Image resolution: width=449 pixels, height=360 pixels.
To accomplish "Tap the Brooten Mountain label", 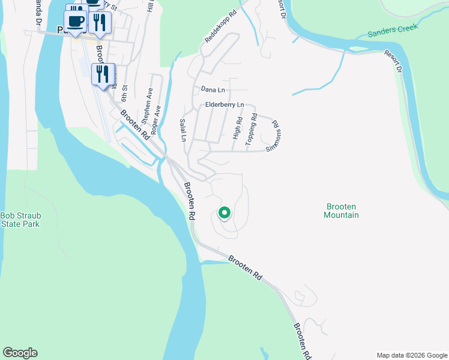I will click(x=341, y=210).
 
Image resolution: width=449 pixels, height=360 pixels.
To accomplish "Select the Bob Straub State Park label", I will click(x=20, y=219).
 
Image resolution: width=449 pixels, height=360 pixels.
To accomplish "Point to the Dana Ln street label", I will click(x=212, y=89).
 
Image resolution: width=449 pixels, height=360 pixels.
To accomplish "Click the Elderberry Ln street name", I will click(x=224, y=104).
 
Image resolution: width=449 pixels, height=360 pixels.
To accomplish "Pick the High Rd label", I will click(x=238, y=128).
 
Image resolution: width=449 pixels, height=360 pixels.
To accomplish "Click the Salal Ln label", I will click(x=184, y=130).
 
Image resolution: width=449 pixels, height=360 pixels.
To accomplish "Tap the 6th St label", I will click(x=125, y=95).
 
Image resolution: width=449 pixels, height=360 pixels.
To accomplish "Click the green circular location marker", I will click(x=224, y=212).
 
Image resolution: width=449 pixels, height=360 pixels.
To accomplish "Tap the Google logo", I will click(x=20, y=353).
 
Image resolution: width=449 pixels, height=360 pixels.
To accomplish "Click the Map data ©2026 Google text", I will click(x=412, y=355).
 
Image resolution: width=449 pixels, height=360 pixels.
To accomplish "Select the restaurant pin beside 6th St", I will click(x=102, y=75).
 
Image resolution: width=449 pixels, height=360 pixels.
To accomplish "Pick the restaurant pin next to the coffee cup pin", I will click(x=99, y=23).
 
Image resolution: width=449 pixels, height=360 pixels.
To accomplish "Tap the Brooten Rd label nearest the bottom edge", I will click(x=302, y=342).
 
